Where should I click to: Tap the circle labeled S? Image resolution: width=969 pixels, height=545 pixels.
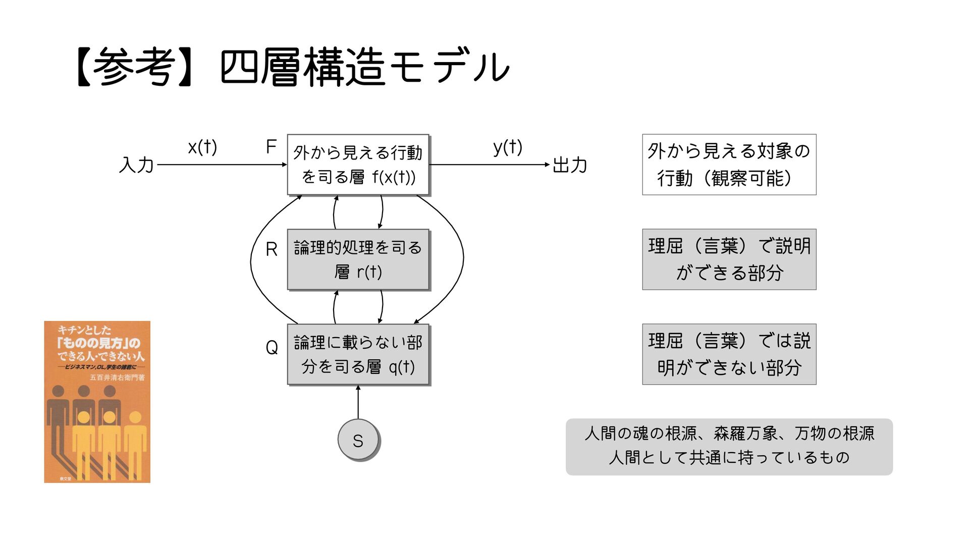(x=358, y=440)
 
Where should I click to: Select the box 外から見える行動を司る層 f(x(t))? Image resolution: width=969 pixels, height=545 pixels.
(x=358, y=165)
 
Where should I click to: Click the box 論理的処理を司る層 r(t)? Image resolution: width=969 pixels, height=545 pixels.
(x=358, y=259)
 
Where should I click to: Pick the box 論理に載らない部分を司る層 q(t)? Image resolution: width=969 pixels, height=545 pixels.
(x=358, y=354)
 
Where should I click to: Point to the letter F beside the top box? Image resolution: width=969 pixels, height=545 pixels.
(x=271, y=147)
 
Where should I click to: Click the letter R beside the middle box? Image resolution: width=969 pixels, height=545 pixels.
(x=272, y=249)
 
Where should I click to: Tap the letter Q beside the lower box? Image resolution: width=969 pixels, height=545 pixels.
(x=272, y=347)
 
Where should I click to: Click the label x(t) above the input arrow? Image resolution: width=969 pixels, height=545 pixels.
(x=202, y=147)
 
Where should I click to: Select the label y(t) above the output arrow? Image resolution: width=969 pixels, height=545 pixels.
(x=508, y=147)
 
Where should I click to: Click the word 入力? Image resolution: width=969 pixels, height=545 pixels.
(x=136, y=165)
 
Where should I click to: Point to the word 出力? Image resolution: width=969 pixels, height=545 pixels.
(x=570, y=165)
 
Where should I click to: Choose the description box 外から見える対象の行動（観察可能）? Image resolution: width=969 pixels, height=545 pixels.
(x=729, y=165)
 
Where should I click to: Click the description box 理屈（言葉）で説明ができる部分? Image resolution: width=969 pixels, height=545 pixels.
(x=729, y=259)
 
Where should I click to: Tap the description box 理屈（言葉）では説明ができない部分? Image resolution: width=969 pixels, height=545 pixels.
(x=729, y=354)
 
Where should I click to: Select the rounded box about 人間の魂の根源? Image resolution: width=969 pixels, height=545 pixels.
(x=729, y=446)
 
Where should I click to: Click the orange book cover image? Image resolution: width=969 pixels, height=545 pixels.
(x=97, y=402)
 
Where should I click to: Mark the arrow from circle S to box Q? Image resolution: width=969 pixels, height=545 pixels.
(x=358, y=403)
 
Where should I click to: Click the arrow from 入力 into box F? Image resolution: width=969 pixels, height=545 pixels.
(x=222, y=165)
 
